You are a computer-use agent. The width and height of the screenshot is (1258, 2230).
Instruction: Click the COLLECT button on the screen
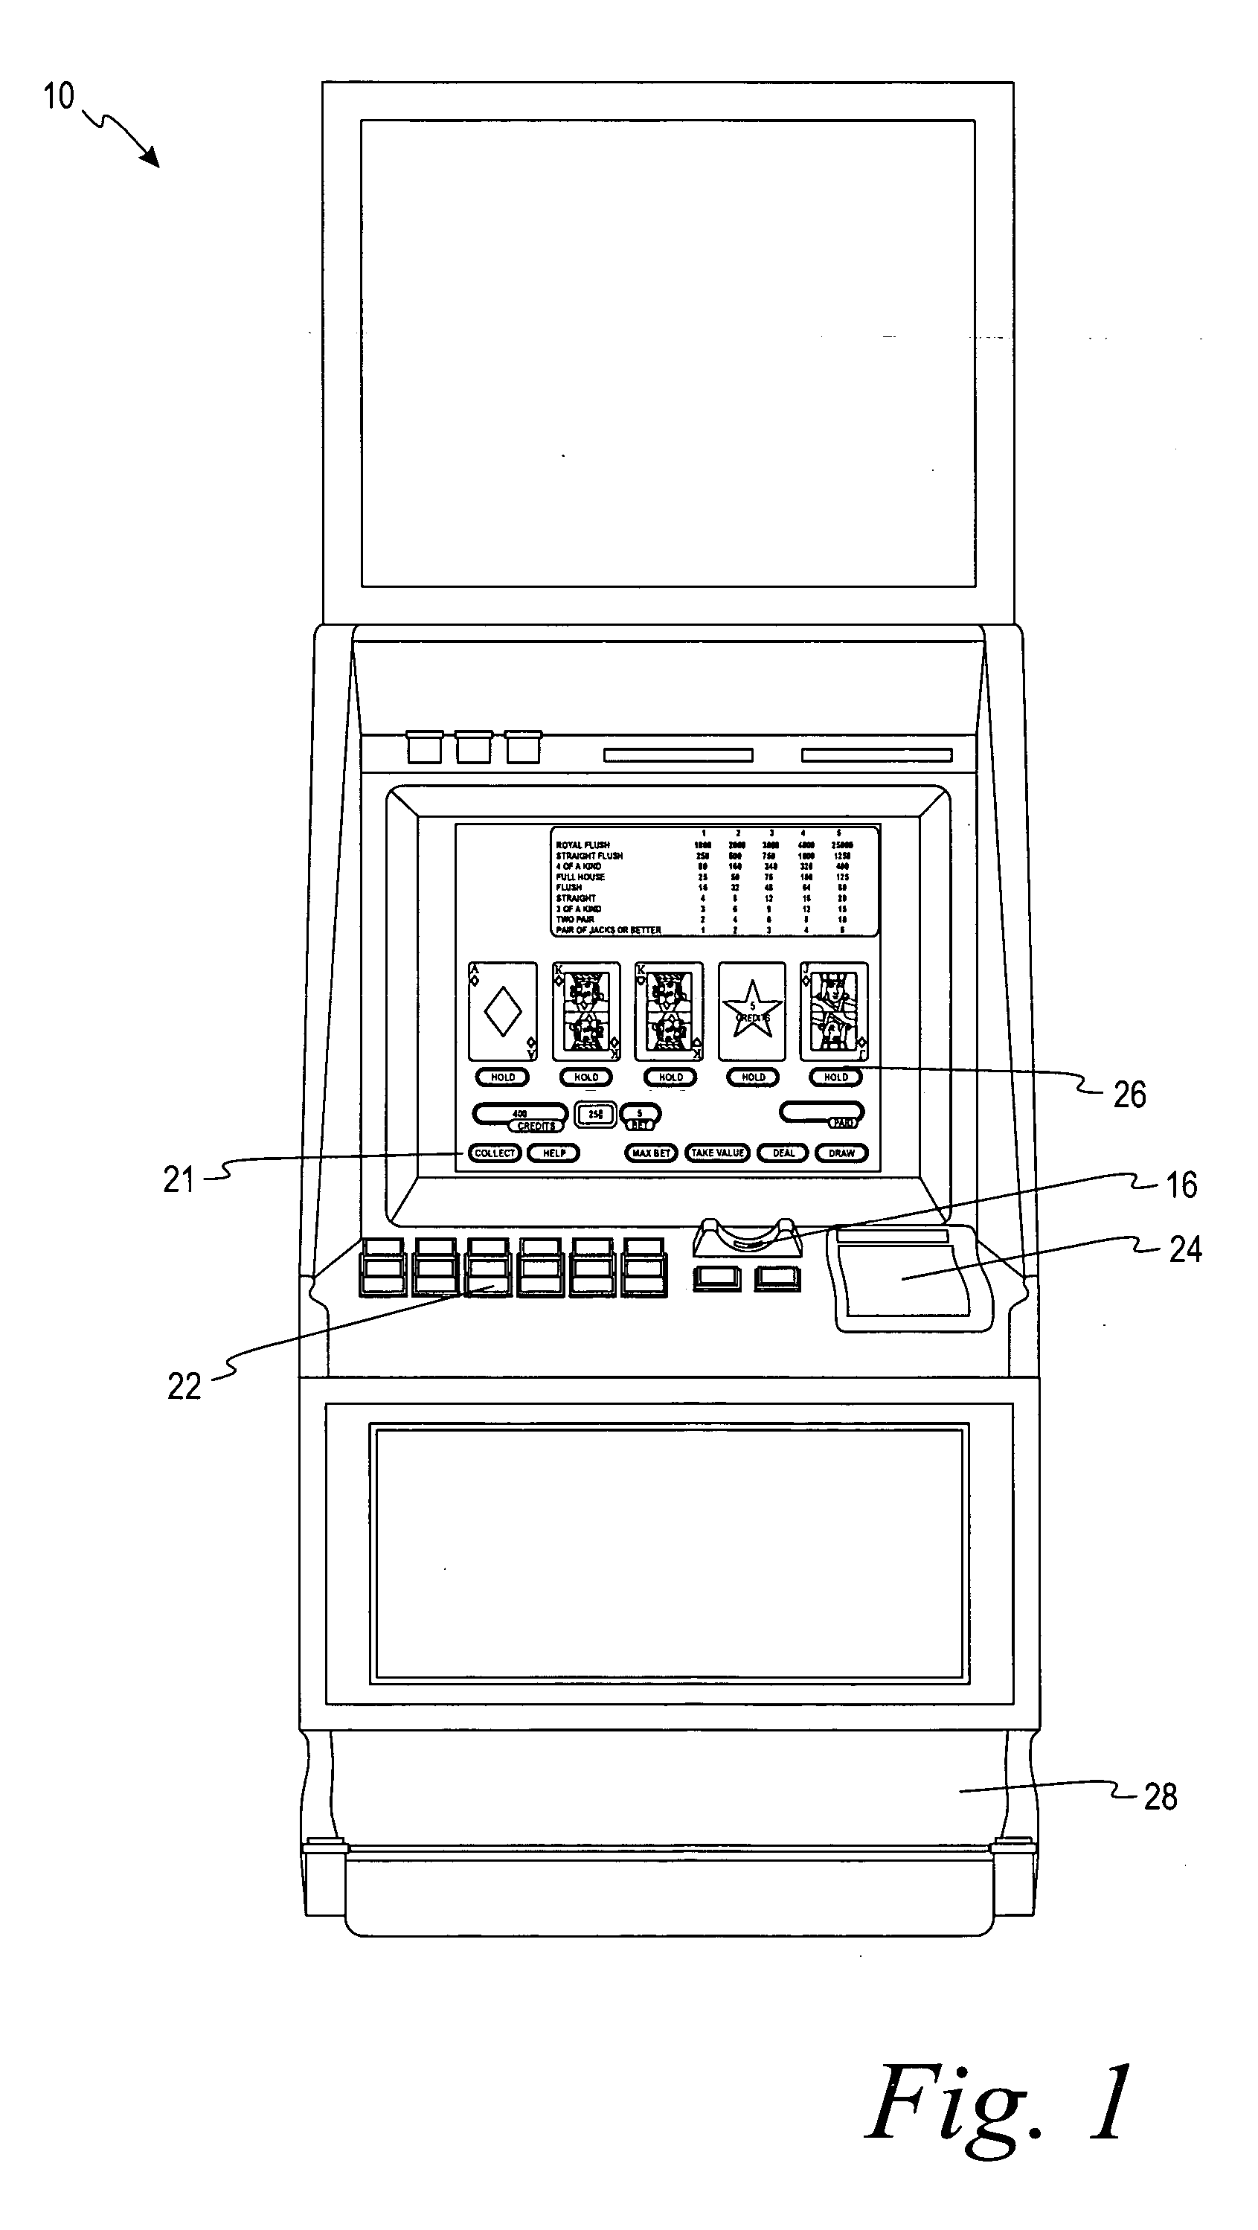pos(495,1153)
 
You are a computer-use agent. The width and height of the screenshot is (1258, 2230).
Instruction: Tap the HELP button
pos(553,1153)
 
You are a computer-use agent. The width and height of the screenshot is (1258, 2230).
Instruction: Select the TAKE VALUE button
pos(717,1153)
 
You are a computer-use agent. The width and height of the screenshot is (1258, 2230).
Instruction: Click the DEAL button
pos(783,1153)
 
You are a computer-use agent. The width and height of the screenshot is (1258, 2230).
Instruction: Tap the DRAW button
pos(841,1153)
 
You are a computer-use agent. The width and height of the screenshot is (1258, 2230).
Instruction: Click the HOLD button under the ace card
pos(502,1077)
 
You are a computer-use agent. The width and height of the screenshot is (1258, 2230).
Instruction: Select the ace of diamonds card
pos(502,1011)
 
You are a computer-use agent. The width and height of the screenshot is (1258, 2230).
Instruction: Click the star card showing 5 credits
pos(751,1011)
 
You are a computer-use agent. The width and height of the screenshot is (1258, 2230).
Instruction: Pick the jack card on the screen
pos(834,1011)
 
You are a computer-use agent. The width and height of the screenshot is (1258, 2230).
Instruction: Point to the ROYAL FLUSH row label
pos(583,845)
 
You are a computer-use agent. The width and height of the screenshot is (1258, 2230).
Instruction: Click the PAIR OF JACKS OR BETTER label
pos(609,931)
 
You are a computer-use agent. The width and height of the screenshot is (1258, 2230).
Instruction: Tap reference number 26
pos(1129,1095)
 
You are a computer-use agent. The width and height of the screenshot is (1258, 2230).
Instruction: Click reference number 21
pos(179,1180)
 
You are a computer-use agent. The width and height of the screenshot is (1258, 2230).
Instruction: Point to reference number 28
pos(1160,1798)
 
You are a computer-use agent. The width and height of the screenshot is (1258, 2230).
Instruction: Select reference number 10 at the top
pos(59,97)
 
